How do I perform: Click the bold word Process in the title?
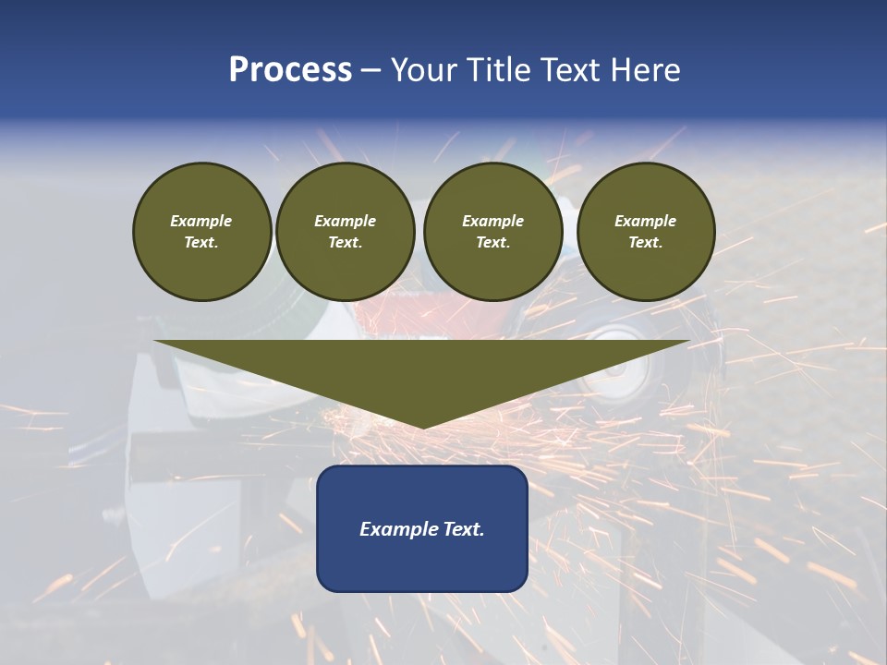pos(290,70)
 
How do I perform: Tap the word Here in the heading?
pos(647,70)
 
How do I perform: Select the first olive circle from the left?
pos(201,232)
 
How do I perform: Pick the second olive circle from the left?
pos(345,232)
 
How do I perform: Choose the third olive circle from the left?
pos(492,232)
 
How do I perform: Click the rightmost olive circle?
pos(645,232)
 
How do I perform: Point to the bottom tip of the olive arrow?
pos(422,428)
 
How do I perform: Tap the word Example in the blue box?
pos(398,529)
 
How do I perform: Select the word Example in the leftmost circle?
pos(201,221)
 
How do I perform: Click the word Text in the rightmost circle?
pos(644,243)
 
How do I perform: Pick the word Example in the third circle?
pos(492,221)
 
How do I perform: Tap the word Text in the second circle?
pos(344,243)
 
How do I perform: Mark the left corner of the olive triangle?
pos(156,342)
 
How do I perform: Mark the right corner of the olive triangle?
pos(687,342)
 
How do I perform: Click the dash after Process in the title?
pos(371,70)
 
